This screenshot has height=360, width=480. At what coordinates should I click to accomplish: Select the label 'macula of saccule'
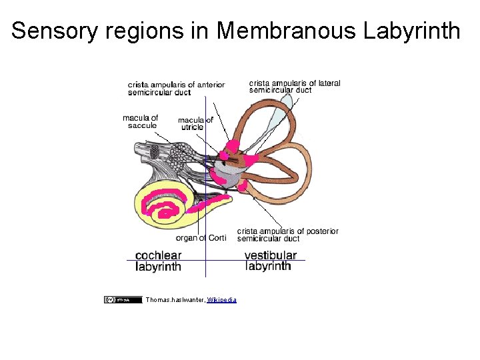(x=141, y=121)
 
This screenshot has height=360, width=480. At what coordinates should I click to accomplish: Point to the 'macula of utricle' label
(x=195, y=123)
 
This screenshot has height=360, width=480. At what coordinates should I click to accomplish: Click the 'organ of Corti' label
(x=201, y=238)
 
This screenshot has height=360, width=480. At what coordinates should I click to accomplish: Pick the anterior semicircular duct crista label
(x=176, y=88)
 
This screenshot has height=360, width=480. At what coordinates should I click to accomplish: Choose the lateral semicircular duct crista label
(x=295, y=87)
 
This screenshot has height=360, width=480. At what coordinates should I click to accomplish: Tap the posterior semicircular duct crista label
(x=287, y=235)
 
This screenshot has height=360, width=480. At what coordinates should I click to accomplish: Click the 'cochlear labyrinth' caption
(x=158, y=261)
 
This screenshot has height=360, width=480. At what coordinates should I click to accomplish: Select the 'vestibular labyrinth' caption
(x=270, y=261)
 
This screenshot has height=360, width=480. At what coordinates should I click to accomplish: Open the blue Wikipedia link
(x=221, y=300)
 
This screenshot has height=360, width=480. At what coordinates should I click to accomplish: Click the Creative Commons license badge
(x=123, y=300)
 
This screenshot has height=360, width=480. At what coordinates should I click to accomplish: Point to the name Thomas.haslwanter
(x=175, y=300)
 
